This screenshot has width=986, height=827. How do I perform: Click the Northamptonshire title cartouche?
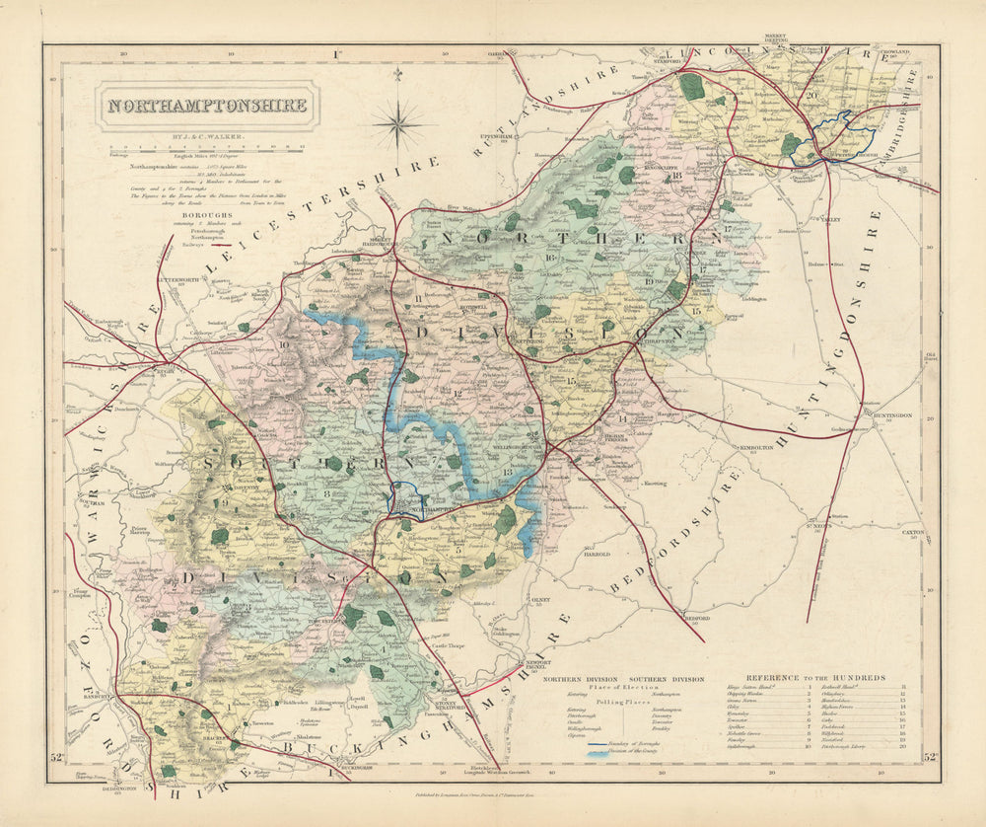tap(207, 106)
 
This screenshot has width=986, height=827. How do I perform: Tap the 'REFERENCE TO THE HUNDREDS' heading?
tap(815, 678)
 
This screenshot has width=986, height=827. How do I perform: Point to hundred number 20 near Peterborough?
tap(811, 95)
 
